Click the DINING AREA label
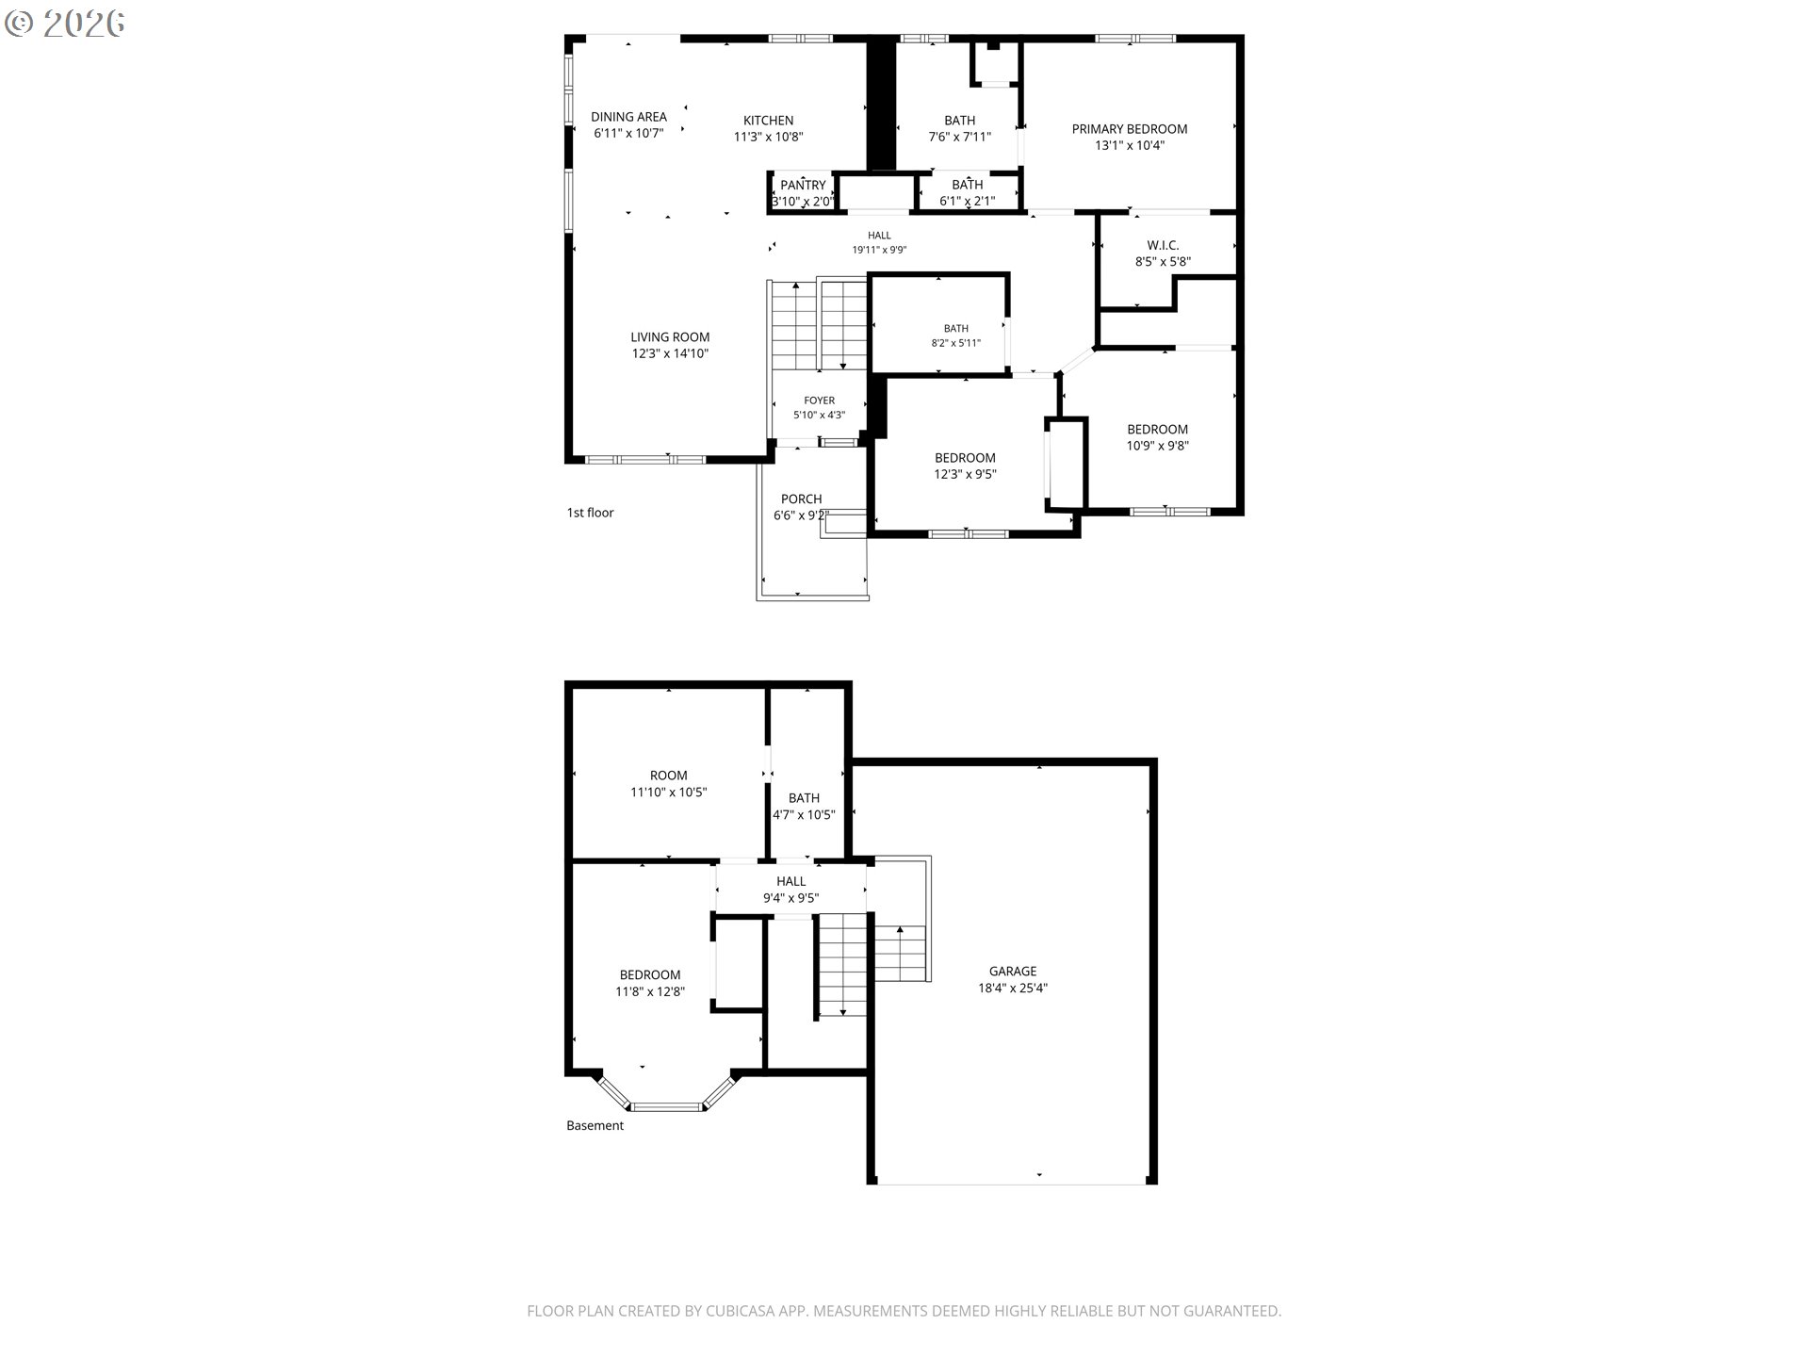[x=628, y=117]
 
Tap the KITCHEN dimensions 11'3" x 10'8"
[x=768, y=137]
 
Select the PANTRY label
[x=803, y=185]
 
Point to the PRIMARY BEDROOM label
[x=1129, y=129]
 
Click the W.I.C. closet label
[x=1163, y=245]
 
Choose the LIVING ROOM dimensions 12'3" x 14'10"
[x=670, y=353]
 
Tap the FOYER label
[x=819, y=401]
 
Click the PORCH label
[x=801, y=499]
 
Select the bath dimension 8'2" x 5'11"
[x=956, y=343]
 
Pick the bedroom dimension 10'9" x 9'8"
[x=1157, y=446]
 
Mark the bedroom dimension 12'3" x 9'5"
[x=965, y=474]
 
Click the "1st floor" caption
[x=590, y=513]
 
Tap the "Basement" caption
[x=595, y=1125]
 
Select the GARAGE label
[x=1013, y=971]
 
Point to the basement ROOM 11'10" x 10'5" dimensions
[x=668, y=793]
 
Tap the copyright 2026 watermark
[x=64, y=24]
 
